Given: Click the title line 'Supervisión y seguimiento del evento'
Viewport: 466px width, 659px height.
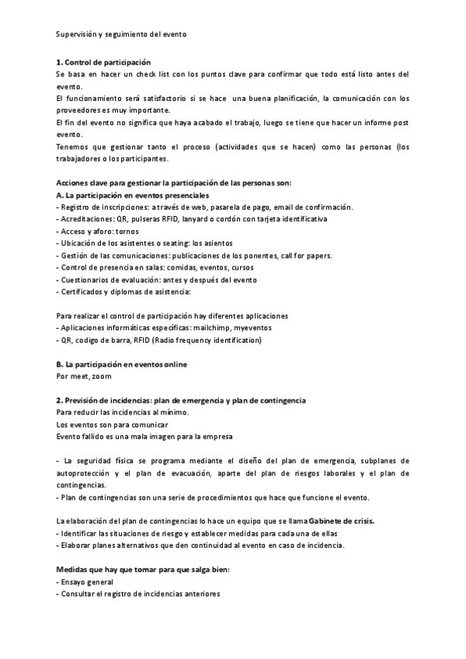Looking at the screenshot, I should click(122, 34).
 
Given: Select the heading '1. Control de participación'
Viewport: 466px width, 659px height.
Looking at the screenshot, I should click(104, 61).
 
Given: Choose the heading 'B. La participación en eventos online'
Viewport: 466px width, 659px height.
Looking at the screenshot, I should click(122, 364).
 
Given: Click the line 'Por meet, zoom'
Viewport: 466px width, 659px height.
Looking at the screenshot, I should click(84, 376).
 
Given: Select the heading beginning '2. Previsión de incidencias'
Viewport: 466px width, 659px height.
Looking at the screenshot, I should click(181, 399).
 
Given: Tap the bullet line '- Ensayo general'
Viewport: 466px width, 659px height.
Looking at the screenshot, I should click(85, 581).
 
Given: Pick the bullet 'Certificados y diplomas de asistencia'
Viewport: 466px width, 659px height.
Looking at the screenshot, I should click(124, 291).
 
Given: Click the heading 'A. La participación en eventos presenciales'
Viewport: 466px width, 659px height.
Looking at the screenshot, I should click(133, 194).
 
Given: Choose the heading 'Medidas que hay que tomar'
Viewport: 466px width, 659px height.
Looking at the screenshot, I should click(131, 570).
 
